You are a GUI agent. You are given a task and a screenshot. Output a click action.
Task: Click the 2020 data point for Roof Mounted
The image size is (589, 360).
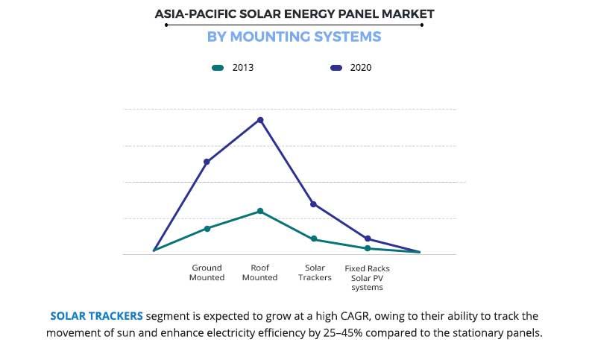click(x=260, y=120)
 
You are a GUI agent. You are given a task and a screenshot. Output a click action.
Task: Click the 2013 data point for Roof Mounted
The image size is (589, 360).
click(x=260, y=211)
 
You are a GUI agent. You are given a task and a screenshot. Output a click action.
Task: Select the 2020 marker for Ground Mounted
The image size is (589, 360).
click(x=207, y=162)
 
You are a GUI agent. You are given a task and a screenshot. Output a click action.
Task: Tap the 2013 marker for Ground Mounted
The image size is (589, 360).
click(x=207, y=228)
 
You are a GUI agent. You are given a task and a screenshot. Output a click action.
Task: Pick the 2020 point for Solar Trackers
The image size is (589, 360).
click(x=314, y=204)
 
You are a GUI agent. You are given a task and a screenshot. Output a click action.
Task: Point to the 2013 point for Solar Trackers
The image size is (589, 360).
click(x=314, y=239)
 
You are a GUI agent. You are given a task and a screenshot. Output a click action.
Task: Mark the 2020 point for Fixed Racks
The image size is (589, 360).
click(x=368, y=239)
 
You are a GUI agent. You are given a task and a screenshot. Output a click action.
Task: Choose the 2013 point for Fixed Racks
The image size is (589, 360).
click(x=368, y=248)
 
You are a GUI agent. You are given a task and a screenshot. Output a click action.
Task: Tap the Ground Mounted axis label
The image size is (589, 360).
click(x=207, y=273)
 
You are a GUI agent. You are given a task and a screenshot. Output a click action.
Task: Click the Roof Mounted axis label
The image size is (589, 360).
click(x=260, y=273)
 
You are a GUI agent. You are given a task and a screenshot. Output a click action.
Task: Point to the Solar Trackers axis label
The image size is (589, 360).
click(x=314, y=273)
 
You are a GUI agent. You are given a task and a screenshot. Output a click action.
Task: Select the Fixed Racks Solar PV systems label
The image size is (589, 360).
click(x=367, y=277)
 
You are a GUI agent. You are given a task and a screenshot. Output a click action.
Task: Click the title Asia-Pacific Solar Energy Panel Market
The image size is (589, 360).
click(x=294, y=13)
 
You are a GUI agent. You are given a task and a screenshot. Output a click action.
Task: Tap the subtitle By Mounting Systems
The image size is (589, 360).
click(x=294, y=37)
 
